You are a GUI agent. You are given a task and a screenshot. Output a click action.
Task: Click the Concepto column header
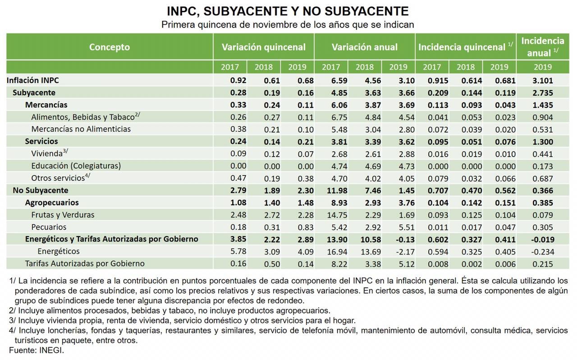pos(109,47)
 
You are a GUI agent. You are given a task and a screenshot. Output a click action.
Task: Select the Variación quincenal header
pos(263,47)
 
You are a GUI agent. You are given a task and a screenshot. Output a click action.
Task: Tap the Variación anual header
pos(364,47)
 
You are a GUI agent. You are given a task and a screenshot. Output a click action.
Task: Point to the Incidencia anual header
pos(542,46)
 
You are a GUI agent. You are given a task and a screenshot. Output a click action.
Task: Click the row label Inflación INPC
pos(32,80)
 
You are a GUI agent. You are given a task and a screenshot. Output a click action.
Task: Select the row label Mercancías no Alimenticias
pos(81,129)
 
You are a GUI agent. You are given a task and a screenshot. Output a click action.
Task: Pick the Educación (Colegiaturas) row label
pos(76,166)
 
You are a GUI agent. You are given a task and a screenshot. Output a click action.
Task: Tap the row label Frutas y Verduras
pos(63,215)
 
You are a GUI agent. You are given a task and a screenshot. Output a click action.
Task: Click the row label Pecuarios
pos(49,227)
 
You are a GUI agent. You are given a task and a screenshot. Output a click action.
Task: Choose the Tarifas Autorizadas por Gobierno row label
pos(85,263)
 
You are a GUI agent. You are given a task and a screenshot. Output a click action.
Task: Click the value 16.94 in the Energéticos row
pos(330,252)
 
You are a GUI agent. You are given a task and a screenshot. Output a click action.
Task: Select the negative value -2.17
pos(398,252)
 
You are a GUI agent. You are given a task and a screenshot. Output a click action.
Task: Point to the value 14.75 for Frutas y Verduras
pos(330,215)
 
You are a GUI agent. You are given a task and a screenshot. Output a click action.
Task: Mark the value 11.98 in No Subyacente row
pos(330,190)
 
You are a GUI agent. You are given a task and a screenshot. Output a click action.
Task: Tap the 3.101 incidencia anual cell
pos(542,80)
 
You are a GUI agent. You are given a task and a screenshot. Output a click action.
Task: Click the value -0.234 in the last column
pos(542,252)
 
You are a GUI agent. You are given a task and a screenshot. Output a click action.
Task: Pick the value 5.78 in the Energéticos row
pos(229,252)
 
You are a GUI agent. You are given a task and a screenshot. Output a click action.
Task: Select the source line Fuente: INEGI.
pos(37,350)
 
